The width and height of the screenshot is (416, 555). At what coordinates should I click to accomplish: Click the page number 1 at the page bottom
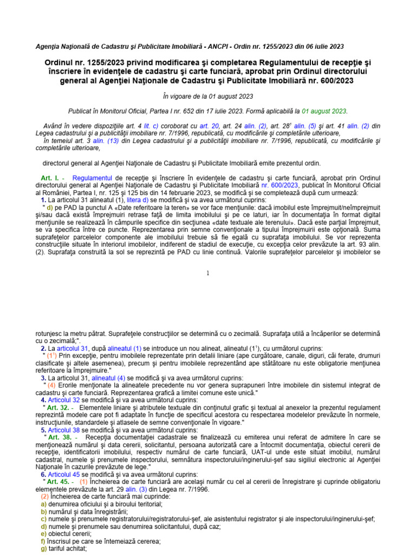[x=207, y=273]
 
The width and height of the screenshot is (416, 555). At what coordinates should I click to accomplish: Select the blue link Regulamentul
[x=92, y=178]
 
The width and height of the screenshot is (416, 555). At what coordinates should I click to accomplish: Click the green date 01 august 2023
[x=324, y=111]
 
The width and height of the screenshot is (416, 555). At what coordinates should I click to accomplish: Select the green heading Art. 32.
[x=58, y=407]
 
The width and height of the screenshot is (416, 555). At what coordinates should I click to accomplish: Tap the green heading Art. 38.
[x=58, y=437]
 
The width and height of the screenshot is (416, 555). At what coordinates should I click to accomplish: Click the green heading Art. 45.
[x=58, y=482]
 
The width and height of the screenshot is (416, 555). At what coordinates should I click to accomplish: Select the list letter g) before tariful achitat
[x=44, y=548]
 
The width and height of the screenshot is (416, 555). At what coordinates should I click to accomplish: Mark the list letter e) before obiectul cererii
[x=44, y=534]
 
